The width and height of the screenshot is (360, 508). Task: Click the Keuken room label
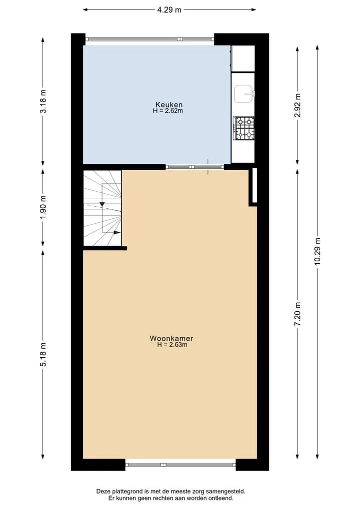click(169, 104)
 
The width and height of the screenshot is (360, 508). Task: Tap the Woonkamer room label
click(171, 338)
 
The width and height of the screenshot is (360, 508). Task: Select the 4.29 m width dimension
click(169, 9)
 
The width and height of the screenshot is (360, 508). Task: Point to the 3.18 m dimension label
click(43, 101)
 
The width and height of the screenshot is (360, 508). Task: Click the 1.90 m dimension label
click(43, 207)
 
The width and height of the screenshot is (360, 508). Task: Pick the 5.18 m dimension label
click(43, 355)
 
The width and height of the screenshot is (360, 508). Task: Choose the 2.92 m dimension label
click(297, 105)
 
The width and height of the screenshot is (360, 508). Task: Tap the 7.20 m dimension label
click(297, 314)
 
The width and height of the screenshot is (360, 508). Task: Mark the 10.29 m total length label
click(317, 251)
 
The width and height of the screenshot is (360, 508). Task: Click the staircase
click(102, 208)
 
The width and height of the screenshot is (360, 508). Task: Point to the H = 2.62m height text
click(168, 111)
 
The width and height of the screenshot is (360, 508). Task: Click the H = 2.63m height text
click(172, 345)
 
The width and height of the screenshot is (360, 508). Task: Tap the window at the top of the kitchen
click(150, 39)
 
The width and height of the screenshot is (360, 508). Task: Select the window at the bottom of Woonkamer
click(180, 465)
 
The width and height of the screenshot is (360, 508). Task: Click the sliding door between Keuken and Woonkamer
click(195, 167)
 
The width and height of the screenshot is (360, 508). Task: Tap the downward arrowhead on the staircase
click(102, 204)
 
